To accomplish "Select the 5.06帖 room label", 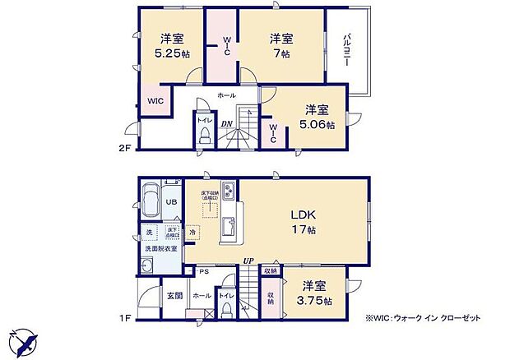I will [317, 117].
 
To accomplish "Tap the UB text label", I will [173, 202].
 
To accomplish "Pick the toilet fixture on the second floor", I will [204, 138].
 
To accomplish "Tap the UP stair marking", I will [247, 261].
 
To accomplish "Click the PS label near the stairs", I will [203, 270].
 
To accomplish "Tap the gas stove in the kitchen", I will [229, 193].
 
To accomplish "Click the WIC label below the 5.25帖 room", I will [155, 100].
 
